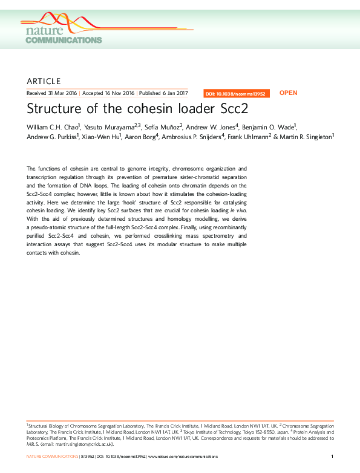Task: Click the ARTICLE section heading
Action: point(44,81)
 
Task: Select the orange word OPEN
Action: point(288,93)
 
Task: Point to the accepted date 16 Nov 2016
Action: point(119,93)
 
